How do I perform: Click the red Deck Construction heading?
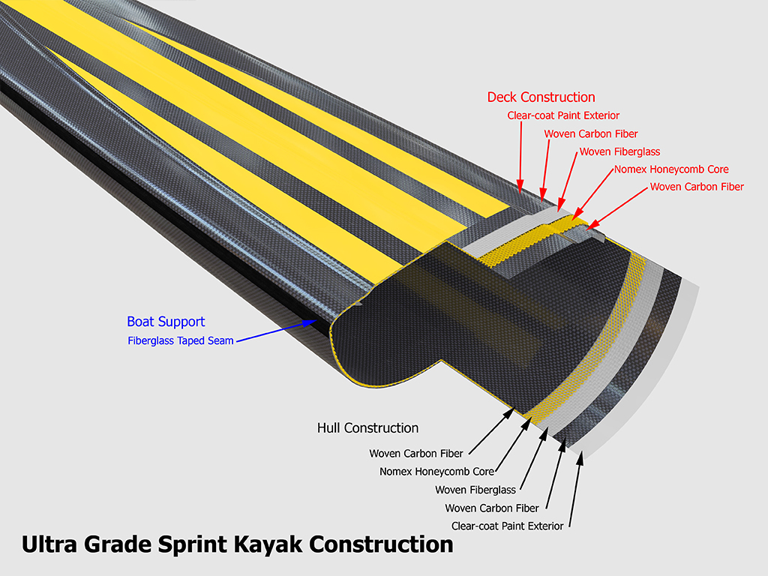[x=541, y=97]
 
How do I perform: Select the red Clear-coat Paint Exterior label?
[x=563, y=115]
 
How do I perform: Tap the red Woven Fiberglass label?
[x=619, y=151]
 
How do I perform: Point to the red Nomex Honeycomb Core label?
[x=671, y=169]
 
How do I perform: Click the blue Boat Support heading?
[x=166, y=322]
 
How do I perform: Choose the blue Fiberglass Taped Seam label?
[x=181, y=340]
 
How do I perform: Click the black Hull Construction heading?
[x=367, y=428]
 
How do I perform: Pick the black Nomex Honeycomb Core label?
[x=436, y=472]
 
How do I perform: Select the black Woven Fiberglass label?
[x=475, y=490]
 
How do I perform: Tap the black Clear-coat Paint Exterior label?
[x=507, y=526]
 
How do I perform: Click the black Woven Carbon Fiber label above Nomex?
[x=415, y=453]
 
